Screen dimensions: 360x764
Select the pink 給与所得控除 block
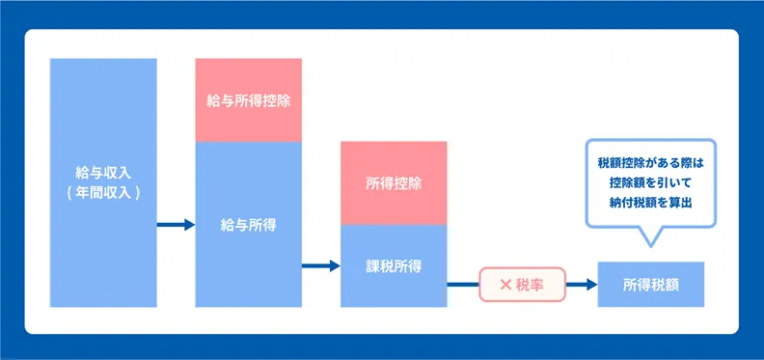point(249,100)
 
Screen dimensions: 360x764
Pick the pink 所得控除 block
point(394,182)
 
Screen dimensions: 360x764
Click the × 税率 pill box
point(521,285)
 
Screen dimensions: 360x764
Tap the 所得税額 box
point(651,285)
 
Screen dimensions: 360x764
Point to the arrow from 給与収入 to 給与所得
point(176,225)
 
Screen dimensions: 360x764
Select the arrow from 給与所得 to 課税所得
point(321,265)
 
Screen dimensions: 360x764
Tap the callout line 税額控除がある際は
point(651,163)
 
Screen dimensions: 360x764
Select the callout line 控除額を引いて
point(651,182)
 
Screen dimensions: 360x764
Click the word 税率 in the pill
point(530,285)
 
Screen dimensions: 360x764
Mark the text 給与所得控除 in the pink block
point(249,100)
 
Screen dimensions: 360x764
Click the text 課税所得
point(394,265)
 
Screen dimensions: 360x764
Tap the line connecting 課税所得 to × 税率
point(463,285)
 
